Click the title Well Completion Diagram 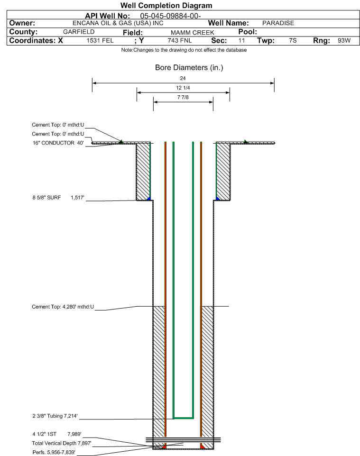click(166, 6)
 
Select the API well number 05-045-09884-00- click(171, 16)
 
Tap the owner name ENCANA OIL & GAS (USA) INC click(118, 23)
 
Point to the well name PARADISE click(278, 23)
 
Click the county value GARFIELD click(79, 32)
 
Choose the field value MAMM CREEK click(193, 33)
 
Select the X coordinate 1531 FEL click(100, 40)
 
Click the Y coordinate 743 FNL click(180, 40)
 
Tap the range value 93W click(344, 40)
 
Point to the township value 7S click(293, 40)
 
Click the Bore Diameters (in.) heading click(189, 68)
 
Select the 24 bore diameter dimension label click(183, 78)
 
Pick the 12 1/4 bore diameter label click(183, 88)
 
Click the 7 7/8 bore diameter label click(183, 98)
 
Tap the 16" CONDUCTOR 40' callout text click(58, 143)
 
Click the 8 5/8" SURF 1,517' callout click(58, 198)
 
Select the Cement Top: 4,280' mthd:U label click(63, 307)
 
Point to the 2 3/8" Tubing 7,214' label click(55, 416)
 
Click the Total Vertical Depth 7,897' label click(62, 443)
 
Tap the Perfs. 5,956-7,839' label click(54, 452)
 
